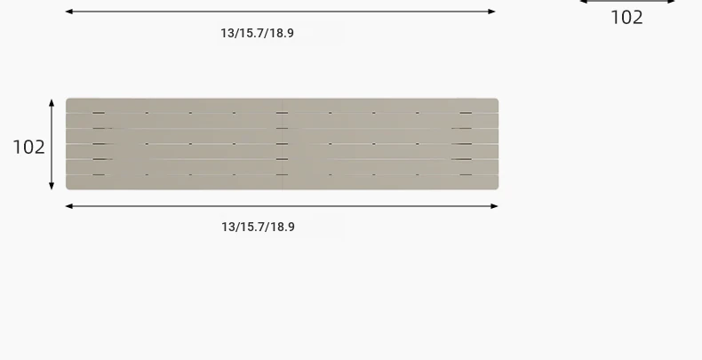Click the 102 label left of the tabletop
28,148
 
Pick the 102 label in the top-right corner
626,18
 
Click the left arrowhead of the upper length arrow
69,12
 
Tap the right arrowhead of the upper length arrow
491,12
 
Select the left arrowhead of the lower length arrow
69,206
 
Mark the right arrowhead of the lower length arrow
494,206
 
